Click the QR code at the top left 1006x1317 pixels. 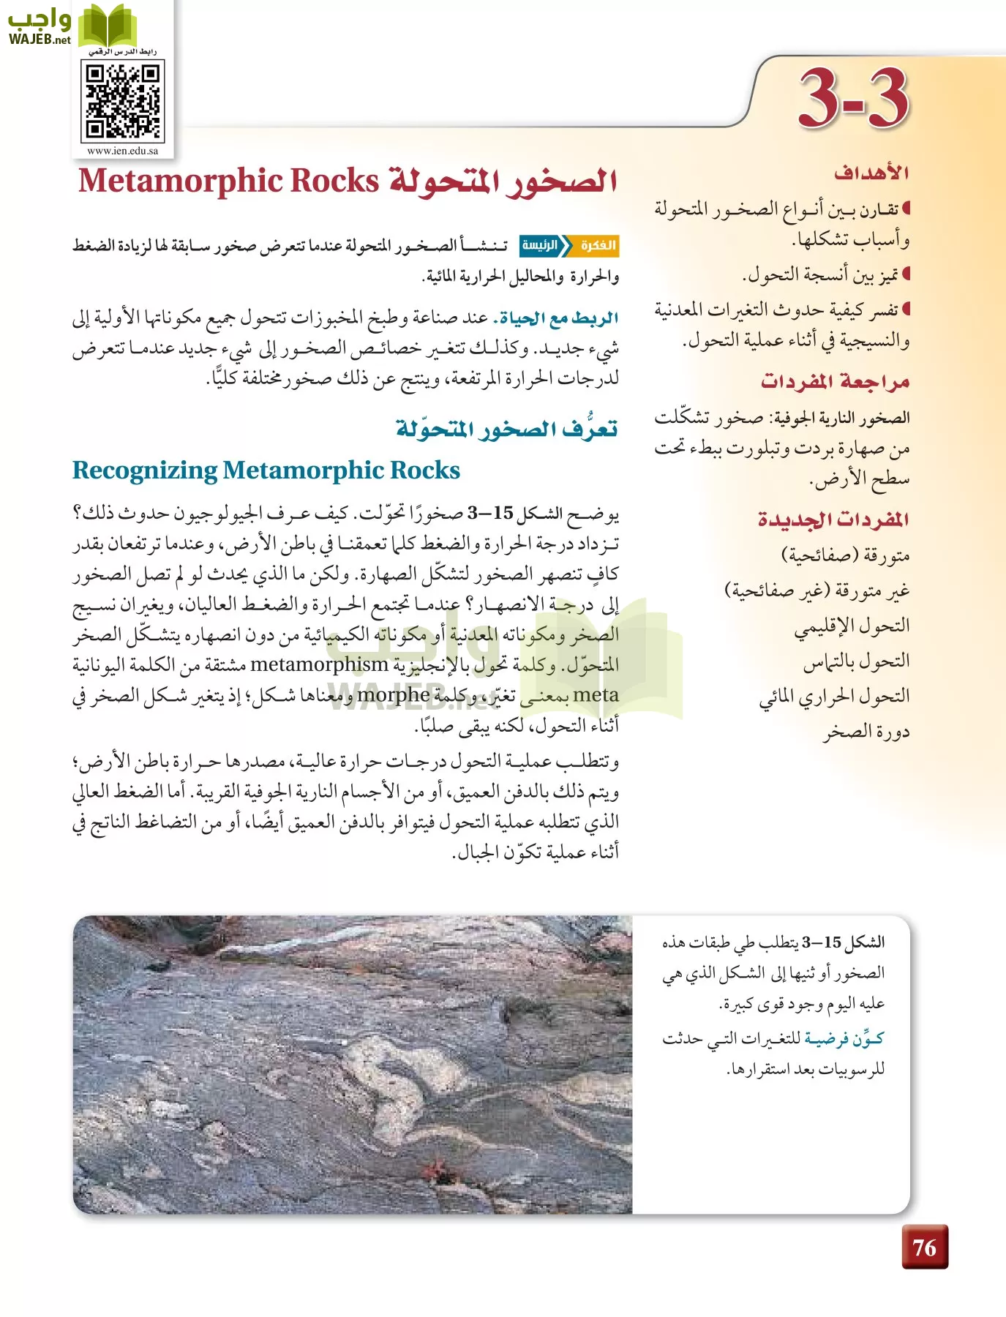(122, 101)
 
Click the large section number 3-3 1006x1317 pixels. (853, 99)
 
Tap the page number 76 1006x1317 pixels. (924, 1247)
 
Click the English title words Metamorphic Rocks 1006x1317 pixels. (229, 181)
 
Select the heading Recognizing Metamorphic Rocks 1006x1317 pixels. (266, 470)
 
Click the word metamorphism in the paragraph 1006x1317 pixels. (319, 664)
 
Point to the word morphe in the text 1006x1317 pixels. (393, 695)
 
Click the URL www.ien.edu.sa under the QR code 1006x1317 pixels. (122, 151)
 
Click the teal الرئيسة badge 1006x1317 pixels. (541, 246)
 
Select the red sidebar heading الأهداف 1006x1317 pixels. (871, 173)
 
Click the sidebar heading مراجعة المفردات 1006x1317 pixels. (835, 382)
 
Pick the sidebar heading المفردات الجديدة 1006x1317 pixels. (833, 520)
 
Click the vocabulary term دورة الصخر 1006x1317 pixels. (866, 732)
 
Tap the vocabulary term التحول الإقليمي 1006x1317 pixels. (852, 626)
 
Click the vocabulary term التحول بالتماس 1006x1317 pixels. (857, 661)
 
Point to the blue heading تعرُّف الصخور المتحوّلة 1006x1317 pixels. (506, 428)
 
